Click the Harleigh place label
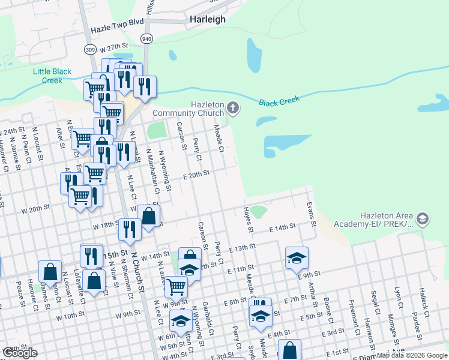point(208,19)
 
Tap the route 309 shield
point(90,49)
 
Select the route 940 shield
point(146,38)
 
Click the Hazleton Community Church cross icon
point(233,109)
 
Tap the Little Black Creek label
point(52,76)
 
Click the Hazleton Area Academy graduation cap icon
point(423,219)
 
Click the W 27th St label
point(115,46)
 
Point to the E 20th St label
point(196,173)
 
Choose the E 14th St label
point(283,228)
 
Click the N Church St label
point(142,273)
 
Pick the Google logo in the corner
point(19,353)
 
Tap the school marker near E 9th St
point(297,257)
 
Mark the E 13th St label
point(242,247)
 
